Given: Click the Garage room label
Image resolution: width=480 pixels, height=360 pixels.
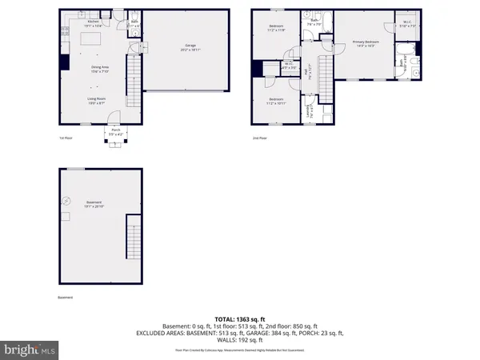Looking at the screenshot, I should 189,49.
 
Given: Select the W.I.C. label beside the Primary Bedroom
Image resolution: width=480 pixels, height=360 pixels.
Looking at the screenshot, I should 407,23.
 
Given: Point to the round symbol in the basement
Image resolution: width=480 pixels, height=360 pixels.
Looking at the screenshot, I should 67,202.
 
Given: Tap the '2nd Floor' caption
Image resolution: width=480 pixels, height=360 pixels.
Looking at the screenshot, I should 260,138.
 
